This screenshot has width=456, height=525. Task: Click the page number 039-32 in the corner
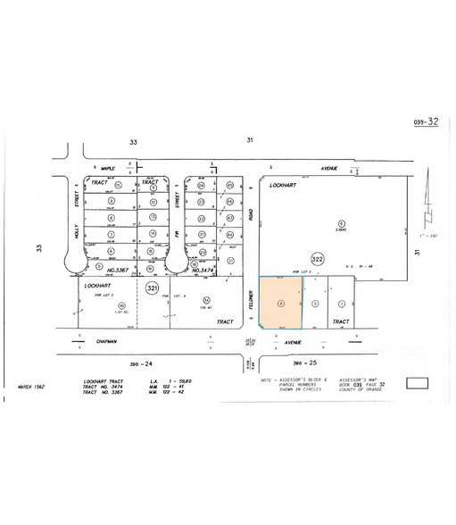427,122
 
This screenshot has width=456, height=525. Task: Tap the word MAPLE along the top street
108,169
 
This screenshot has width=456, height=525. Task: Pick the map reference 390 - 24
144,363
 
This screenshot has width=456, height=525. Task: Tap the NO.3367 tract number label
120,269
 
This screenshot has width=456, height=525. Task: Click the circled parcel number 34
205,299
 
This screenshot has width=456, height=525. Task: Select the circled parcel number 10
118,185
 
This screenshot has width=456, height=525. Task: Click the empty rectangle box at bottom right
417,385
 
